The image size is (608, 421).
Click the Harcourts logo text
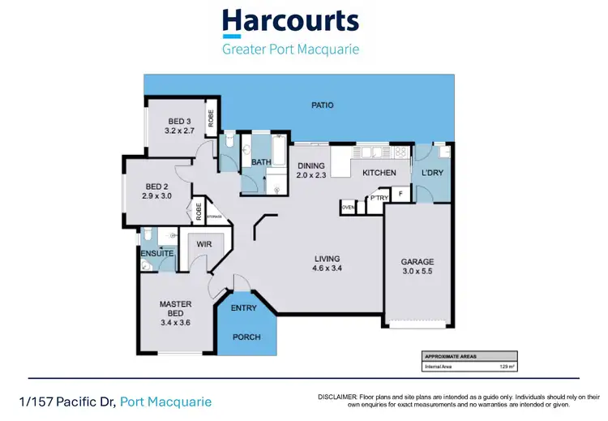(x=290, y=23)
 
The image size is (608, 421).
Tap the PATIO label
(x=323, y=105)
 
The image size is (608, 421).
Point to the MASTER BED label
(x=175, y=304)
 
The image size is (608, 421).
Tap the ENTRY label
(x=244, y=307)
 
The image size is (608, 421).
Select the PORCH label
(x=246, y=337)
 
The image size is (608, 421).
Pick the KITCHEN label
(x=379, y=173)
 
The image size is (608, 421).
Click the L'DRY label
(x=432, y=173)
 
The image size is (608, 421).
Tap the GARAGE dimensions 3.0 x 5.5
(x=417, y=271)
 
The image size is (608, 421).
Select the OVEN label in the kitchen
(x=348, y=208)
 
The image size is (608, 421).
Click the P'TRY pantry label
(x=377, y=198)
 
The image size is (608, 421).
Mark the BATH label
(x=261, y=162)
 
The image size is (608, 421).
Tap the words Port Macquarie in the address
(x=165, y=402)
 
